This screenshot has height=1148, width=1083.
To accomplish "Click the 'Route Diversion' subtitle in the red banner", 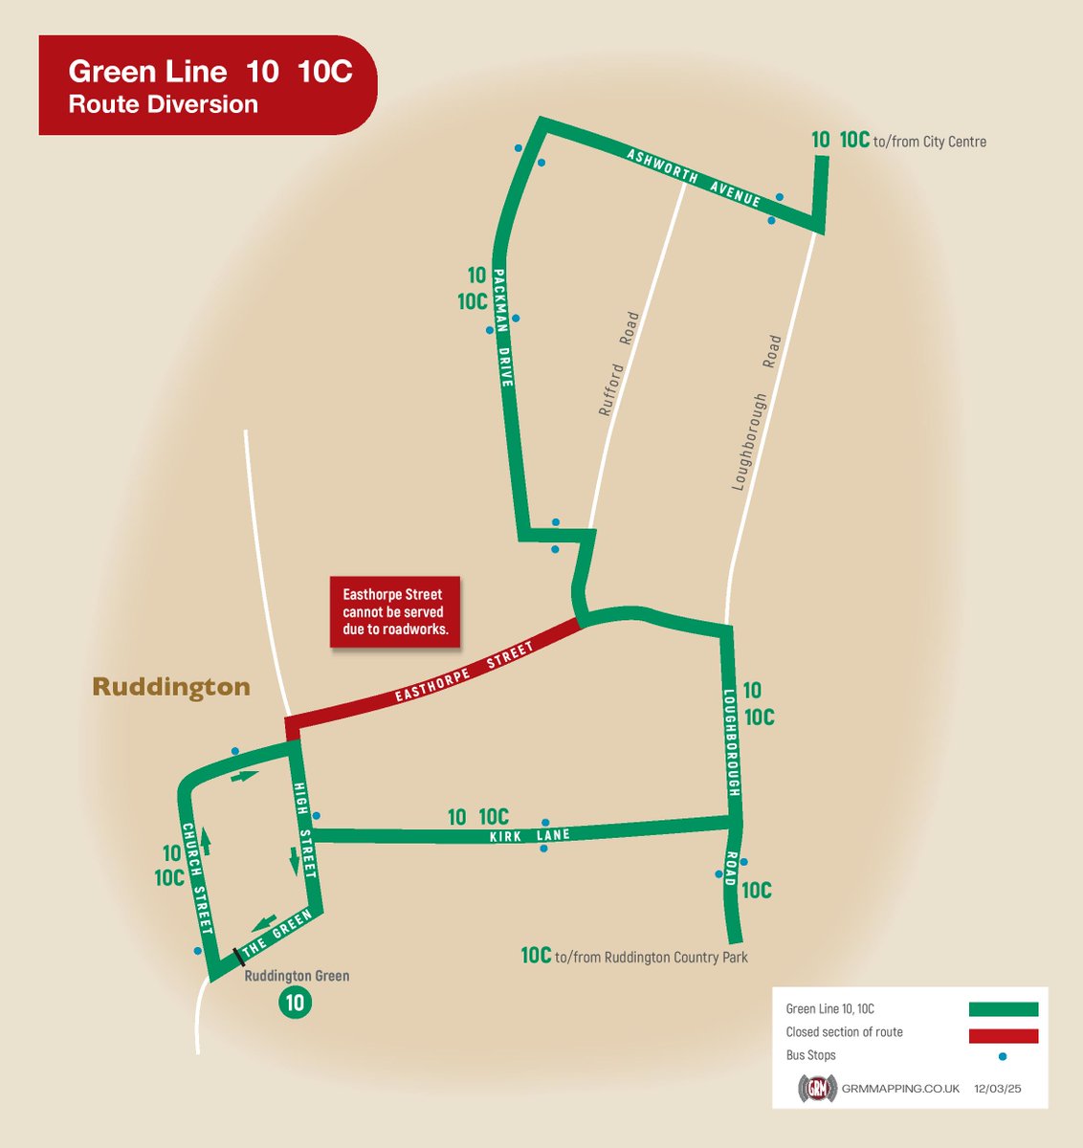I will click(163, 104).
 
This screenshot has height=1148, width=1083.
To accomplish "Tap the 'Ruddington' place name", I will click(171, 687).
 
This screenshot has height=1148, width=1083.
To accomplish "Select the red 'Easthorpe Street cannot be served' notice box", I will click(394, 612).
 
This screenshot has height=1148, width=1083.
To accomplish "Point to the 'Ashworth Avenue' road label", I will click(694, 178).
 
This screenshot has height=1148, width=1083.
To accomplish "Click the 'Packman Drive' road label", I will click(503, 339).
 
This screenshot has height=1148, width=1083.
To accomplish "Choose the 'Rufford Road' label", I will click(618, 364).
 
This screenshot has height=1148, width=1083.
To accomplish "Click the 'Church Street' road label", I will click(198, 878).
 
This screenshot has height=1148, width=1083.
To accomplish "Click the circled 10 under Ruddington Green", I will click(295, 1003).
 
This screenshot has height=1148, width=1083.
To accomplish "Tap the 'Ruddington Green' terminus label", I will click(297, 977).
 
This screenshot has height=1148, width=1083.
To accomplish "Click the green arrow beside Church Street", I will click(205, 842).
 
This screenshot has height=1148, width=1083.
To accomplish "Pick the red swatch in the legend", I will click(1003, 1036).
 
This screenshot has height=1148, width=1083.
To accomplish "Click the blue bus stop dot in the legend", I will click(1003, 1057).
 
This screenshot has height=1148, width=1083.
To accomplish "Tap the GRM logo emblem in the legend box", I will click(818, 1090).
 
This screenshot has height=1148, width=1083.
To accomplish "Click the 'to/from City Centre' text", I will click(929, 142).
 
